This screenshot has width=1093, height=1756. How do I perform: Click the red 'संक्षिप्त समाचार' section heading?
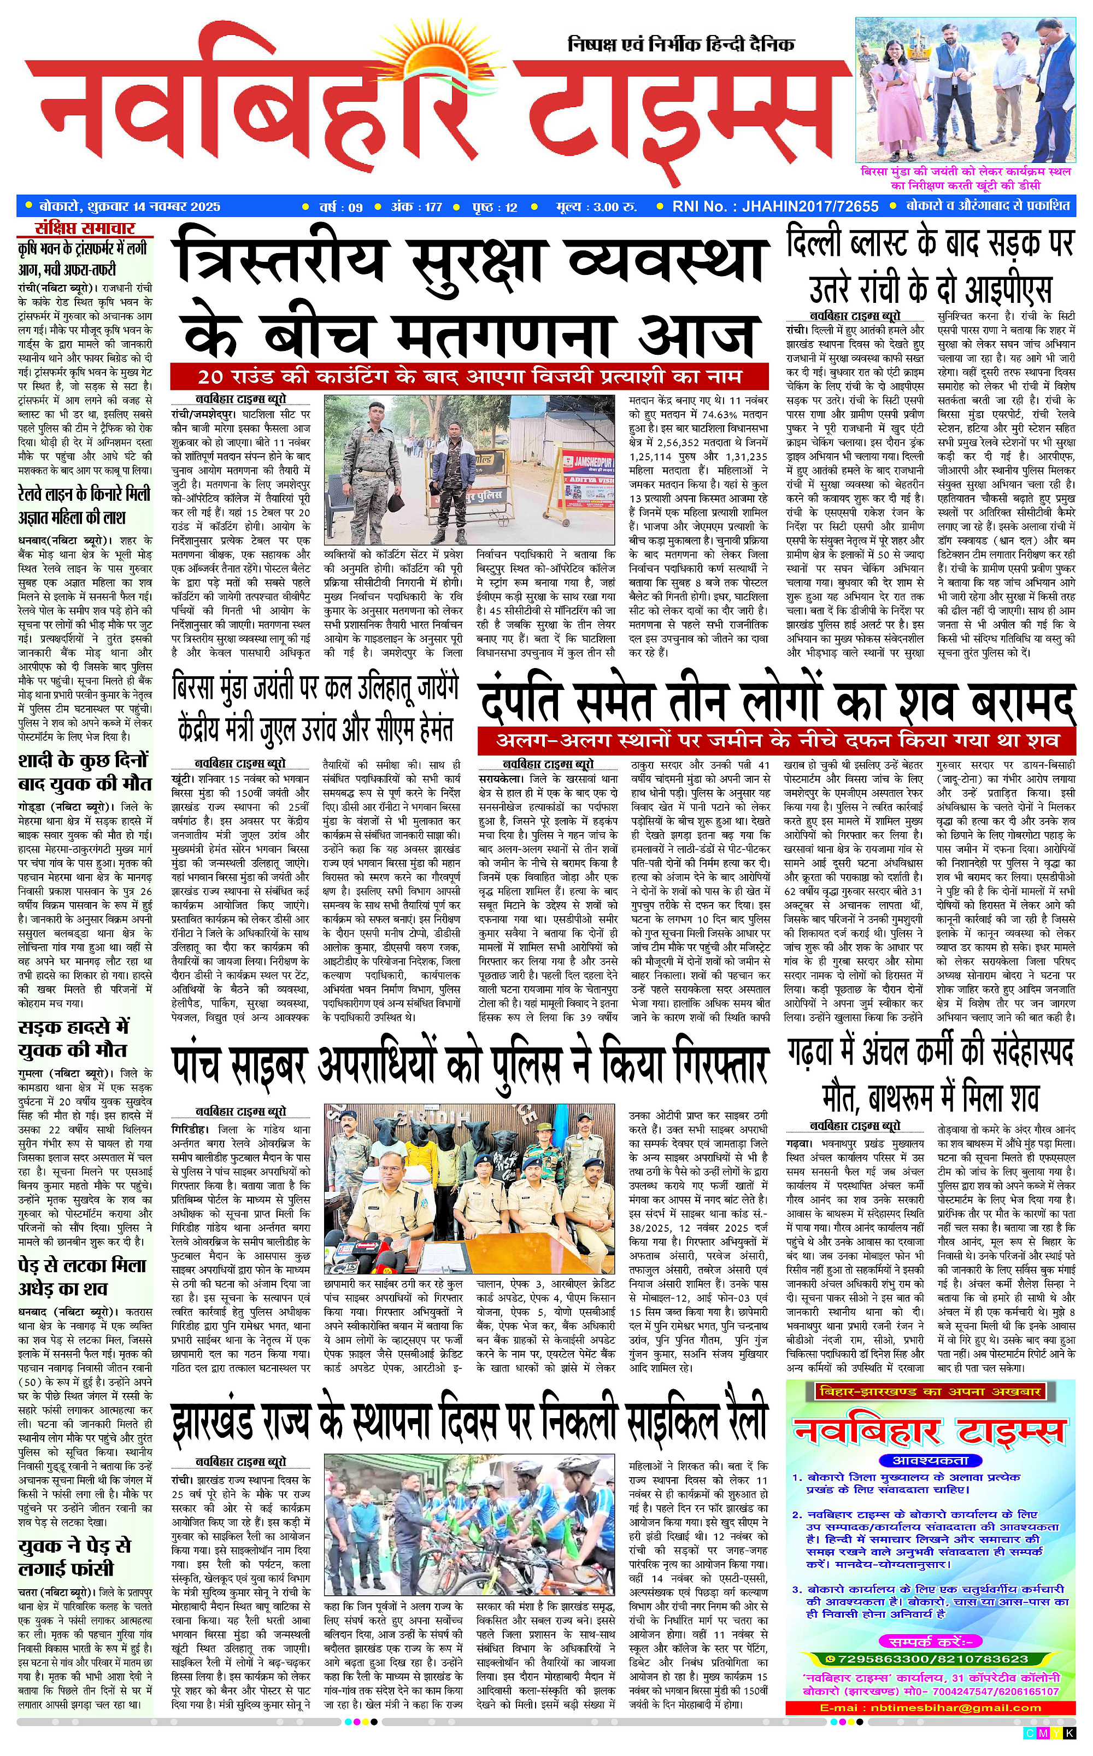point(85,229)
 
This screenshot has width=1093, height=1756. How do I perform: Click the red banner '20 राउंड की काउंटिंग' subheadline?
point(469,377)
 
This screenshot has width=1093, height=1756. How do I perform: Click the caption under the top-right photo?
point(965,178)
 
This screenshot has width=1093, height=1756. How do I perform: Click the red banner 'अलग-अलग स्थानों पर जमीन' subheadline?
point(777,740)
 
